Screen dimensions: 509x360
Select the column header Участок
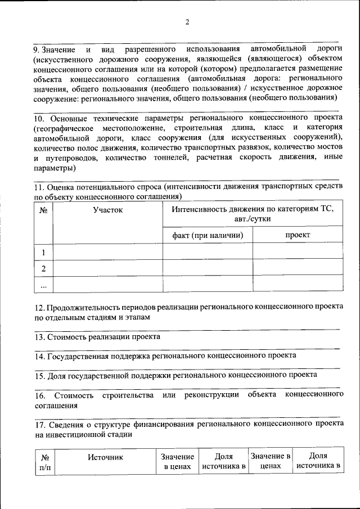pos(107,210)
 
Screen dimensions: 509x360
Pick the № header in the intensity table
pos(43,210)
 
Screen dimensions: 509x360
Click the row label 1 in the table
pos(43,252)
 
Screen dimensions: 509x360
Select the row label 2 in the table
pos(43,269)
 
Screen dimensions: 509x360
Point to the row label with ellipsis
pos(43,285)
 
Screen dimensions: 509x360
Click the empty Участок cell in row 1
pos(107,252)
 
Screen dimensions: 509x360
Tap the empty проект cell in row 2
pos(298,269)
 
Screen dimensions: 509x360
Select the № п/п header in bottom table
pos(43,462)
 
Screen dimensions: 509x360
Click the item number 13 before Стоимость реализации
pos(39,337)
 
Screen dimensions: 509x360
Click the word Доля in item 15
pos(58,374)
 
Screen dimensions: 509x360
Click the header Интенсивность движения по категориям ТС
pos(253,210)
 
